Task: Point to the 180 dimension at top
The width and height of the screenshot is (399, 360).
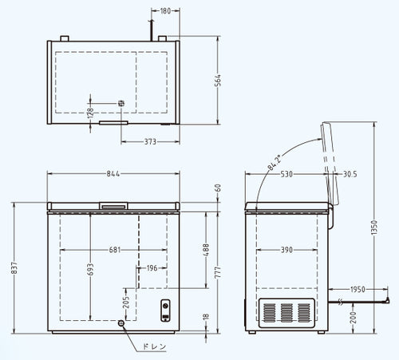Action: [165, 10]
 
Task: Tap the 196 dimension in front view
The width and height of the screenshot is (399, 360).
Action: [152, 268]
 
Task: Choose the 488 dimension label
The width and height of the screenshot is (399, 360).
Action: [206, 249]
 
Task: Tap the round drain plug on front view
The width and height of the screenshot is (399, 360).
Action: [121, 323]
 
